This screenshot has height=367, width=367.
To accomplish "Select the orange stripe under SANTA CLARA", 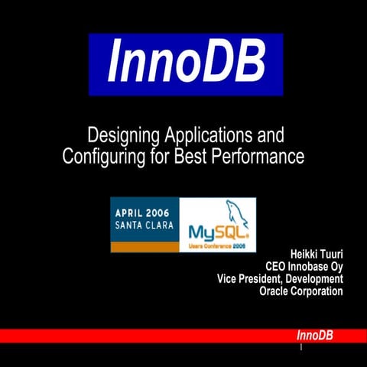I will point(145,246).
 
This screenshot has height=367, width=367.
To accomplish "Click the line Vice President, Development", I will point(280,279).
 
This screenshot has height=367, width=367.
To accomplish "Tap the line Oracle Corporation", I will point(301,291).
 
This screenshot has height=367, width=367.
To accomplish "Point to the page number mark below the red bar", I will point(301,348).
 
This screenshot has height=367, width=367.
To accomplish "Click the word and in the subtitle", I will point(269,137).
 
